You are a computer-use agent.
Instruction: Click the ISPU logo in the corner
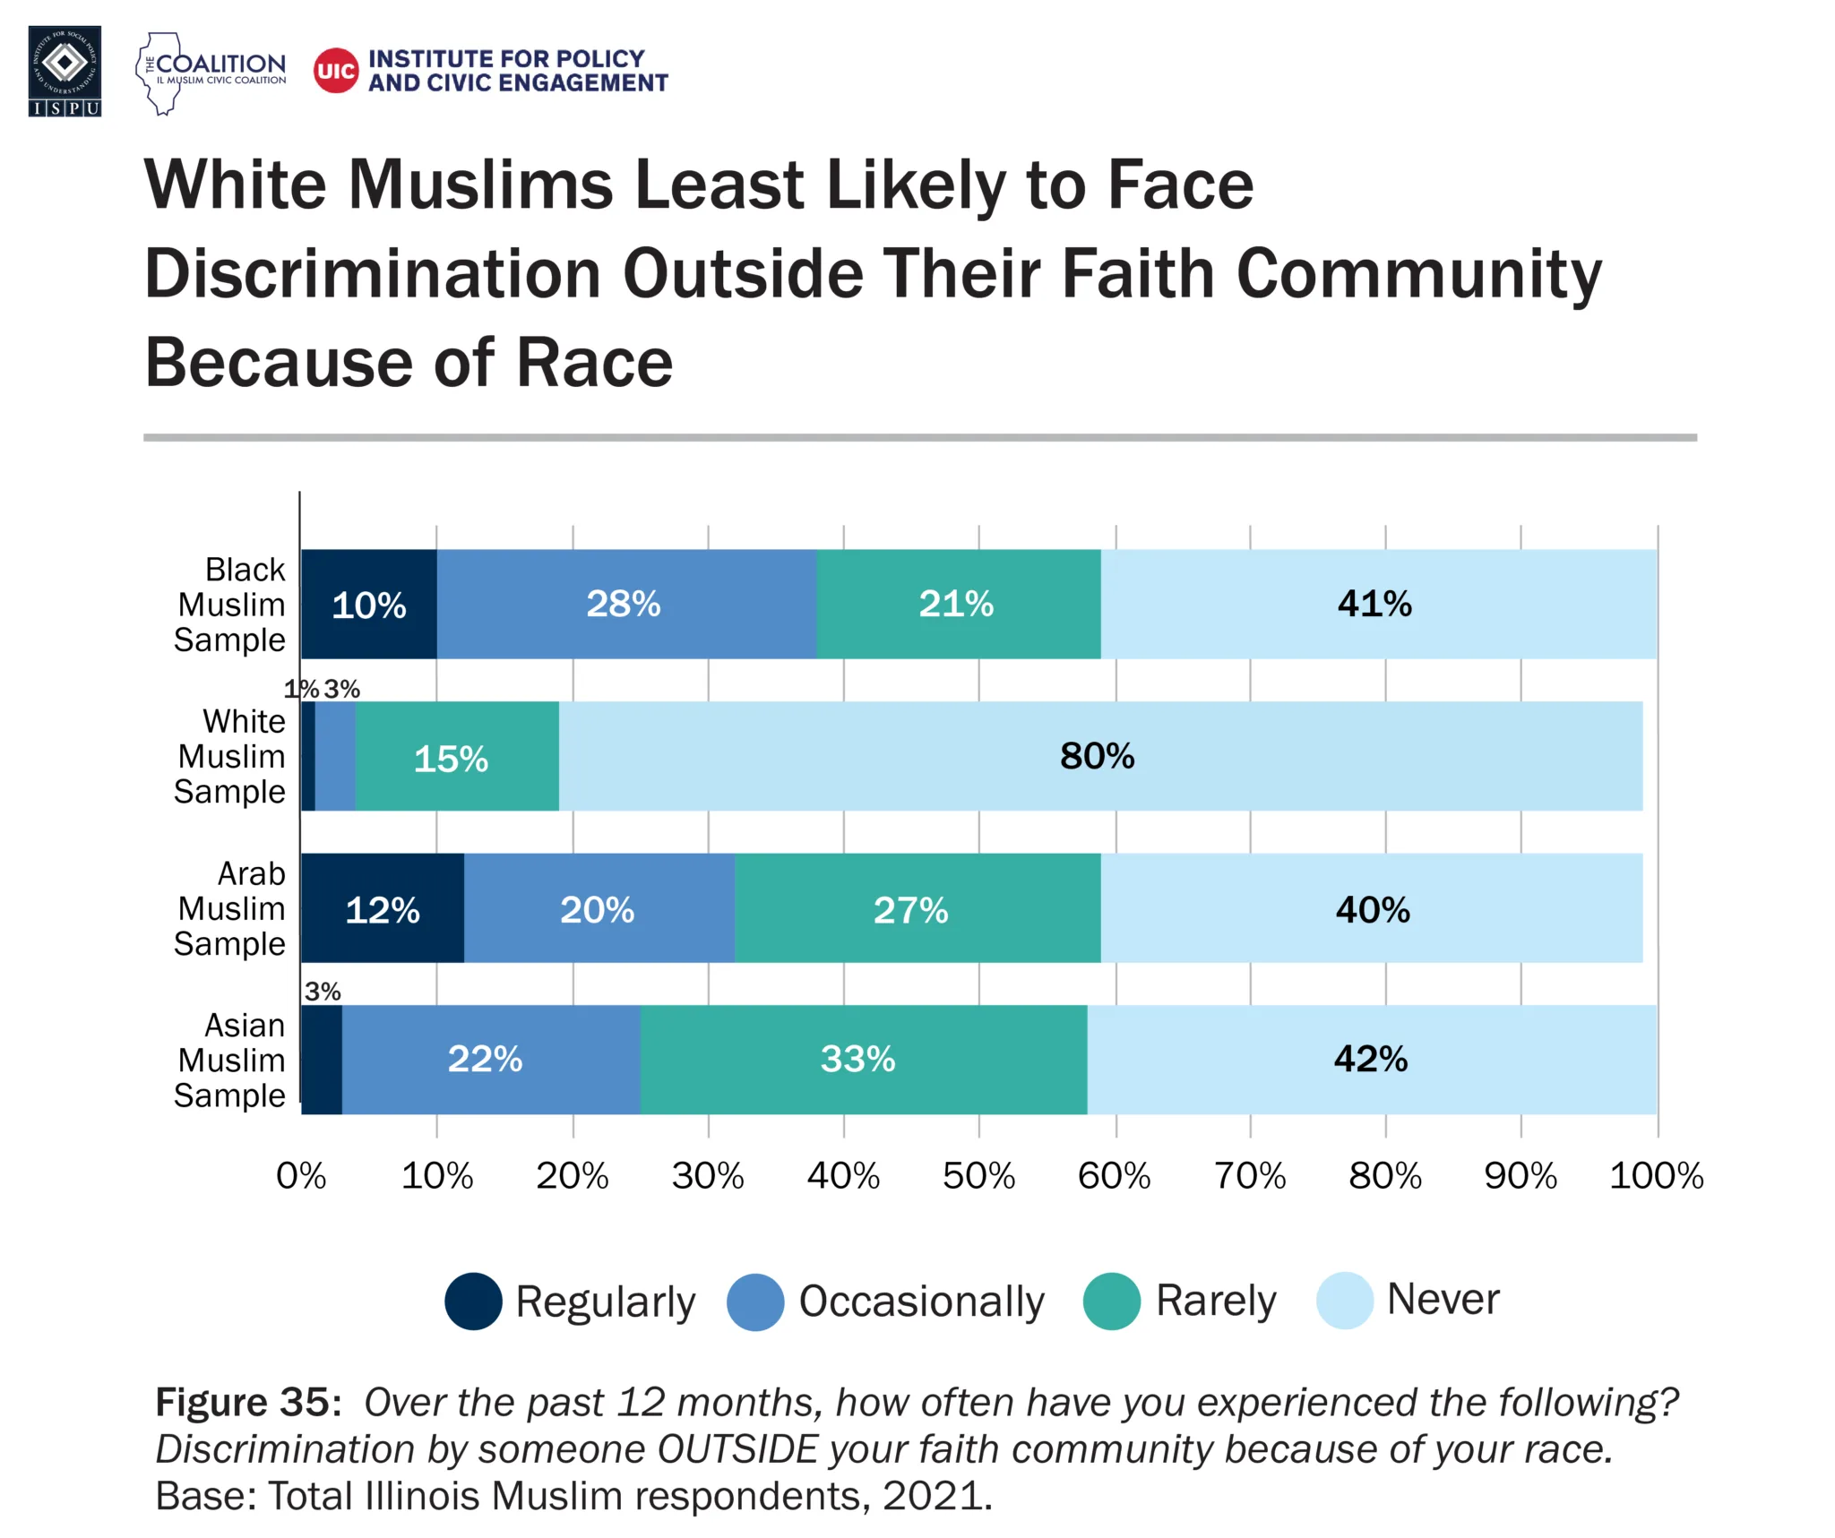click(65, 71)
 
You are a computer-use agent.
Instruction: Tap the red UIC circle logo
click(336, 71)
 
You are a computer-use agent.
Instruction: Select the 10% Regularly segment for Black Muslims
click(368, 605)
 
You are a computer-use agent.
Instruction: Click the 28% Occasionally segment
click(625, 605)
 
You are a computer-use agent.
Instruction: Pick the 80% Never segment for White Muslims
click(1098, 757)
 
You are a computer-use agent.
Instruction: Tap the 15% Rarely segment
click(454, 759)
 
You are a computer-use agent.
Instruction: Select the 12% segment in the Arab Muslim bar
click(383, 909)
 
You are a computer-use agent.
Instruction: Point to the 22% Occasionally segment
click(487, 1060)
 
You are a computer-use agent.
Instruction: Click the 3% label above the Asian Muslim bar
click(323, 992)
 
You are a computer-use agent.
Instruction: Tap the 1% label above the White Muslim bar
click(301, 689)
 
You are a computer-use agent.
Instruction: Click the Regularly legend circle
click(473, 1301)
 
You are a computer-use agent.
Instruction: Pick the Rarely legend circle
click(1111, 1301)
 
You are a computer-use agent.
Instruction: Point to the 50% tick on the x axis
click(978, 1175)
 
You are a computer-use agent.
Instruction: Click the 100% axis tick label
click(1656, 1175)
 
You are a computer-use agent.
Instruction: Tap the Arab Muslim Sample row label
click(230, 908)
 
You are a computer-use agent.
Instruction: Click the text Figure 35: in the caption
click(248, 1403)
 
